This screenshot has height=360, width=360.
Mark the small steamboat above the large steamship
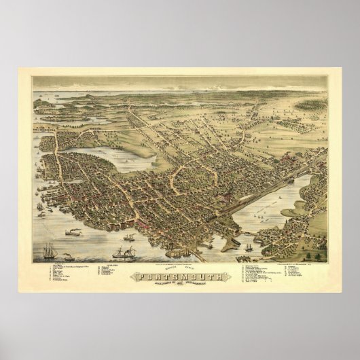coord(129,238)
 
